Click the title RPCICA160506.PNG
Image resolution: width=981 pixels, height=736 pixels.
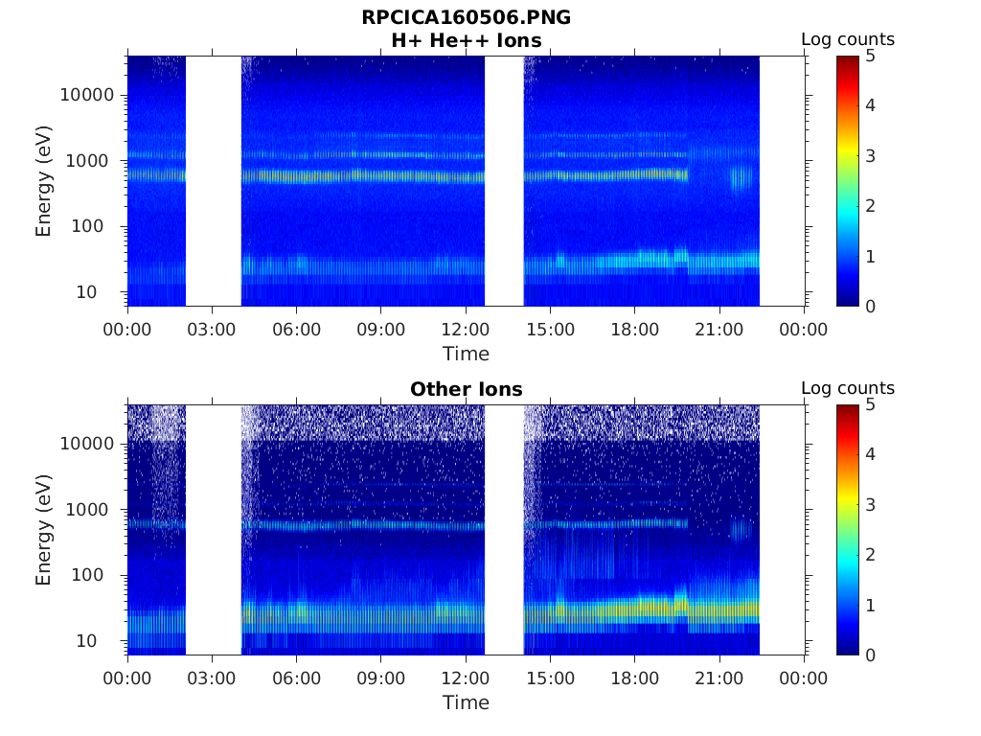point(466,17)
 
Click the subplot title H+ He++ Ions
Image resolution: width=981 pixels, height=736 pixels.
point(466,40)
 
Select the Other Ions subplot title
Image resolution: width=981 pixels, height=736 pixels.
point(466,389)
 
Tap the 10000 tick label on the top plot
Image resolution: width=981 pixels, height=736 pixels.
point(86,95)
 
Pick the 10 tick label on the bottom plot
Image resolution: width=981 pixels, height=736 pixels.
point(103,640)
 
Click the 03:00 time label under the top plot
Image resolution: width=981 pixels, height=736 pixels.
point(212,330)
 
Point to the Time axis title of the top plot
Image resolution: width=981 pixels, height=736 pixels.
point(466,354)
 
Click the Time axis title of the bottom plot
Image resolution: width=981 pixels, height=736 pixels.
point(466,702)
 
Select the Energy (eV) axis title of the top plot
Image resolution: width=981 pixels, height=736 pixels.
point(44,180)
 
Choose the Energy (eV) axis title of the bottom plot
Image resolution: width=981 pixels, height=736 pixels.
point(44,529)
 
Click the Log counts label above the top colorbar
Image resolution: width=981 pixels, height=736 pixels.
point(847,39)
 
